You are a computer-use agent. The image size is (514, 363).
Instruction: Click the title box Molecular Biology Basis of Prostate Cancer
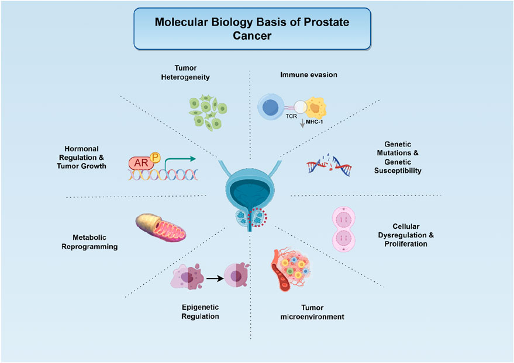pyautogui.click(x=252, y=28)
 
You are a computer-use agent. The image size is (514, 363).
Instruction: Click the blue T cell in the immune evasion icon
pyautogui.click(x=272, y=109)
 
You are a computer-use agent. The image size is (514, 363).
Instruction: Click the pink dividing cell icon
pyautogui.click(x=345, y=229)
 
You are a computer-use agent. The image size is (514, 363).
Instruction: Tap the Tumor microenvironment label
pyautogui.click(x=312, y=312)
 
